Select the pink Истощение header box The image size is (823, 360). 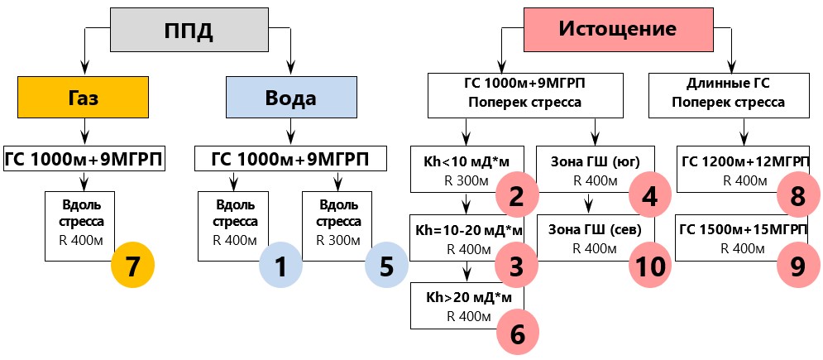click(x=618, y=30)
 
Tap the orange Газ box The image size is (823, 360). click(x=82, y=98)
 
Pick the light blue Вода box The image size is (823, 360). click(x=290, y=98)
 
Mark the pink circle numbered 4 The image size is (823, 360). click(x=650, y=197)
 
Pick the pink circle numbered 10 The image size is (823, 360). click(x=650, y=266)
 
